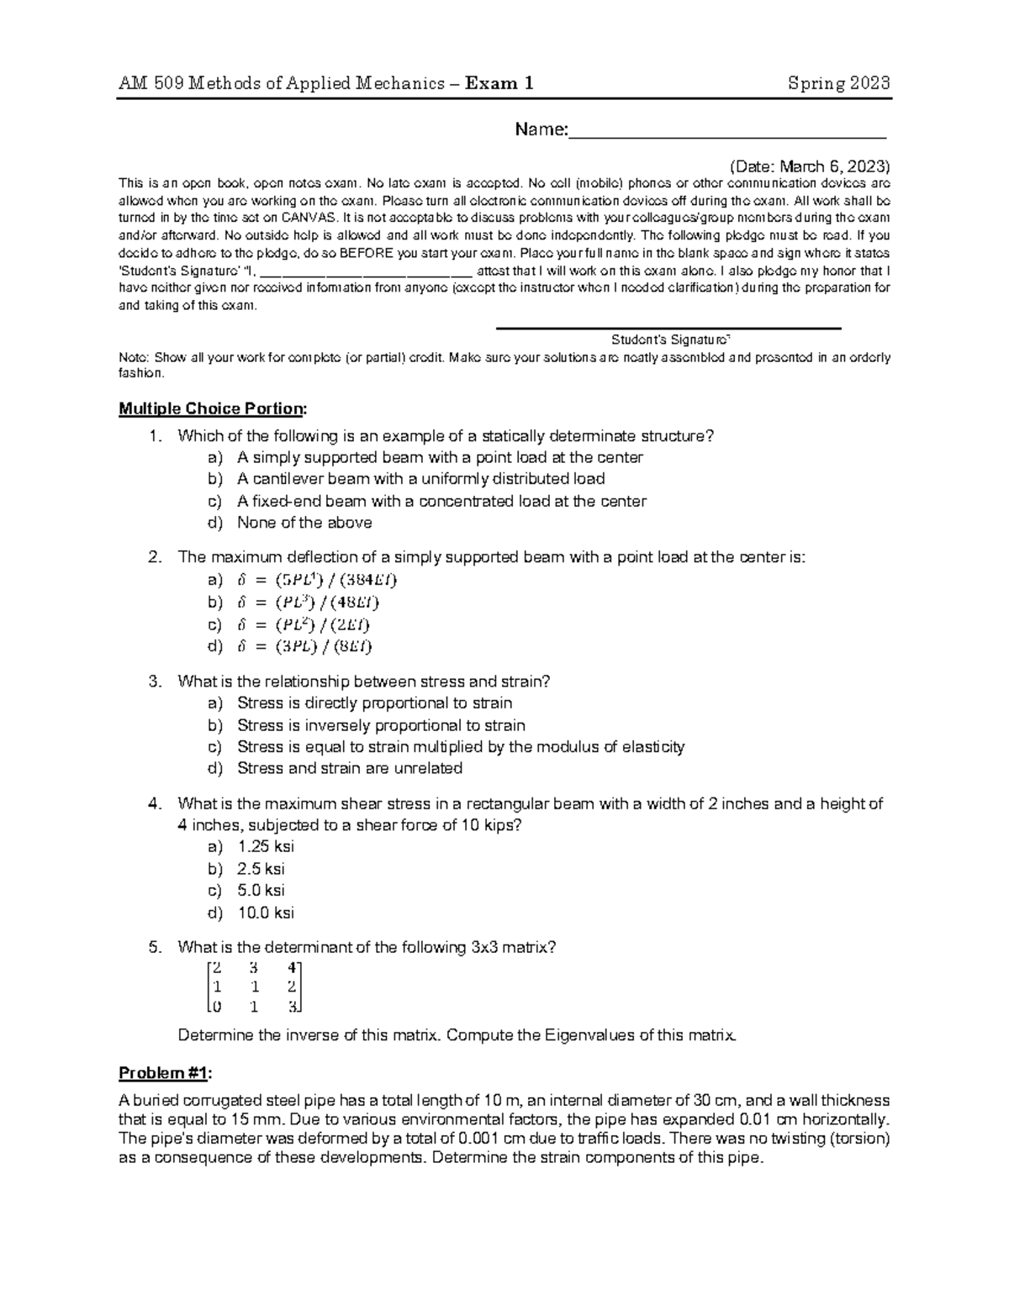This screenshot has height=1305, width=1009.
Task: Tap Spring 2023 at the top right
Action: point(838,83)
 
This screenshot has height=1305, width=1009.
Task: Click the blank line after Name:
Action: point(727,131)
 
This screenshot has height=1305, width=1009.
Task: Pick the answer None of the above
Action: point(304,523)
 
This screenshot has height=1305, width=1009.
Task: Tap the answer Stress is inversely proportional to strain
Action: point(381,725)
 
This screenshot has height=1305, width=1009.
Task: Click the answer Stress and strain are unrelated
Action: point(349,768)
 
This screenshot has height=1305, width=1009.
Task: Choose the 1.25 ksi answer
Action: point(266,847)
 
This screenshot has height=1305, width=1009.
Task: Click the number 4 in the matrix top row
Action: point(291,966)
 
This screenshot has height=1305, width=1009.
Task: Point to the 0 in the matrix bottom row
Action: point(218,1007)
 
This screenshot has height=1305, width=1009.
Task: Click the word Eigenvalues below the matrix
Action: point(589,1035)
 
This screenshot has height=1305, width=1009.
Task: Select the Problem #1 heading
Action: point(166,1074)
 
